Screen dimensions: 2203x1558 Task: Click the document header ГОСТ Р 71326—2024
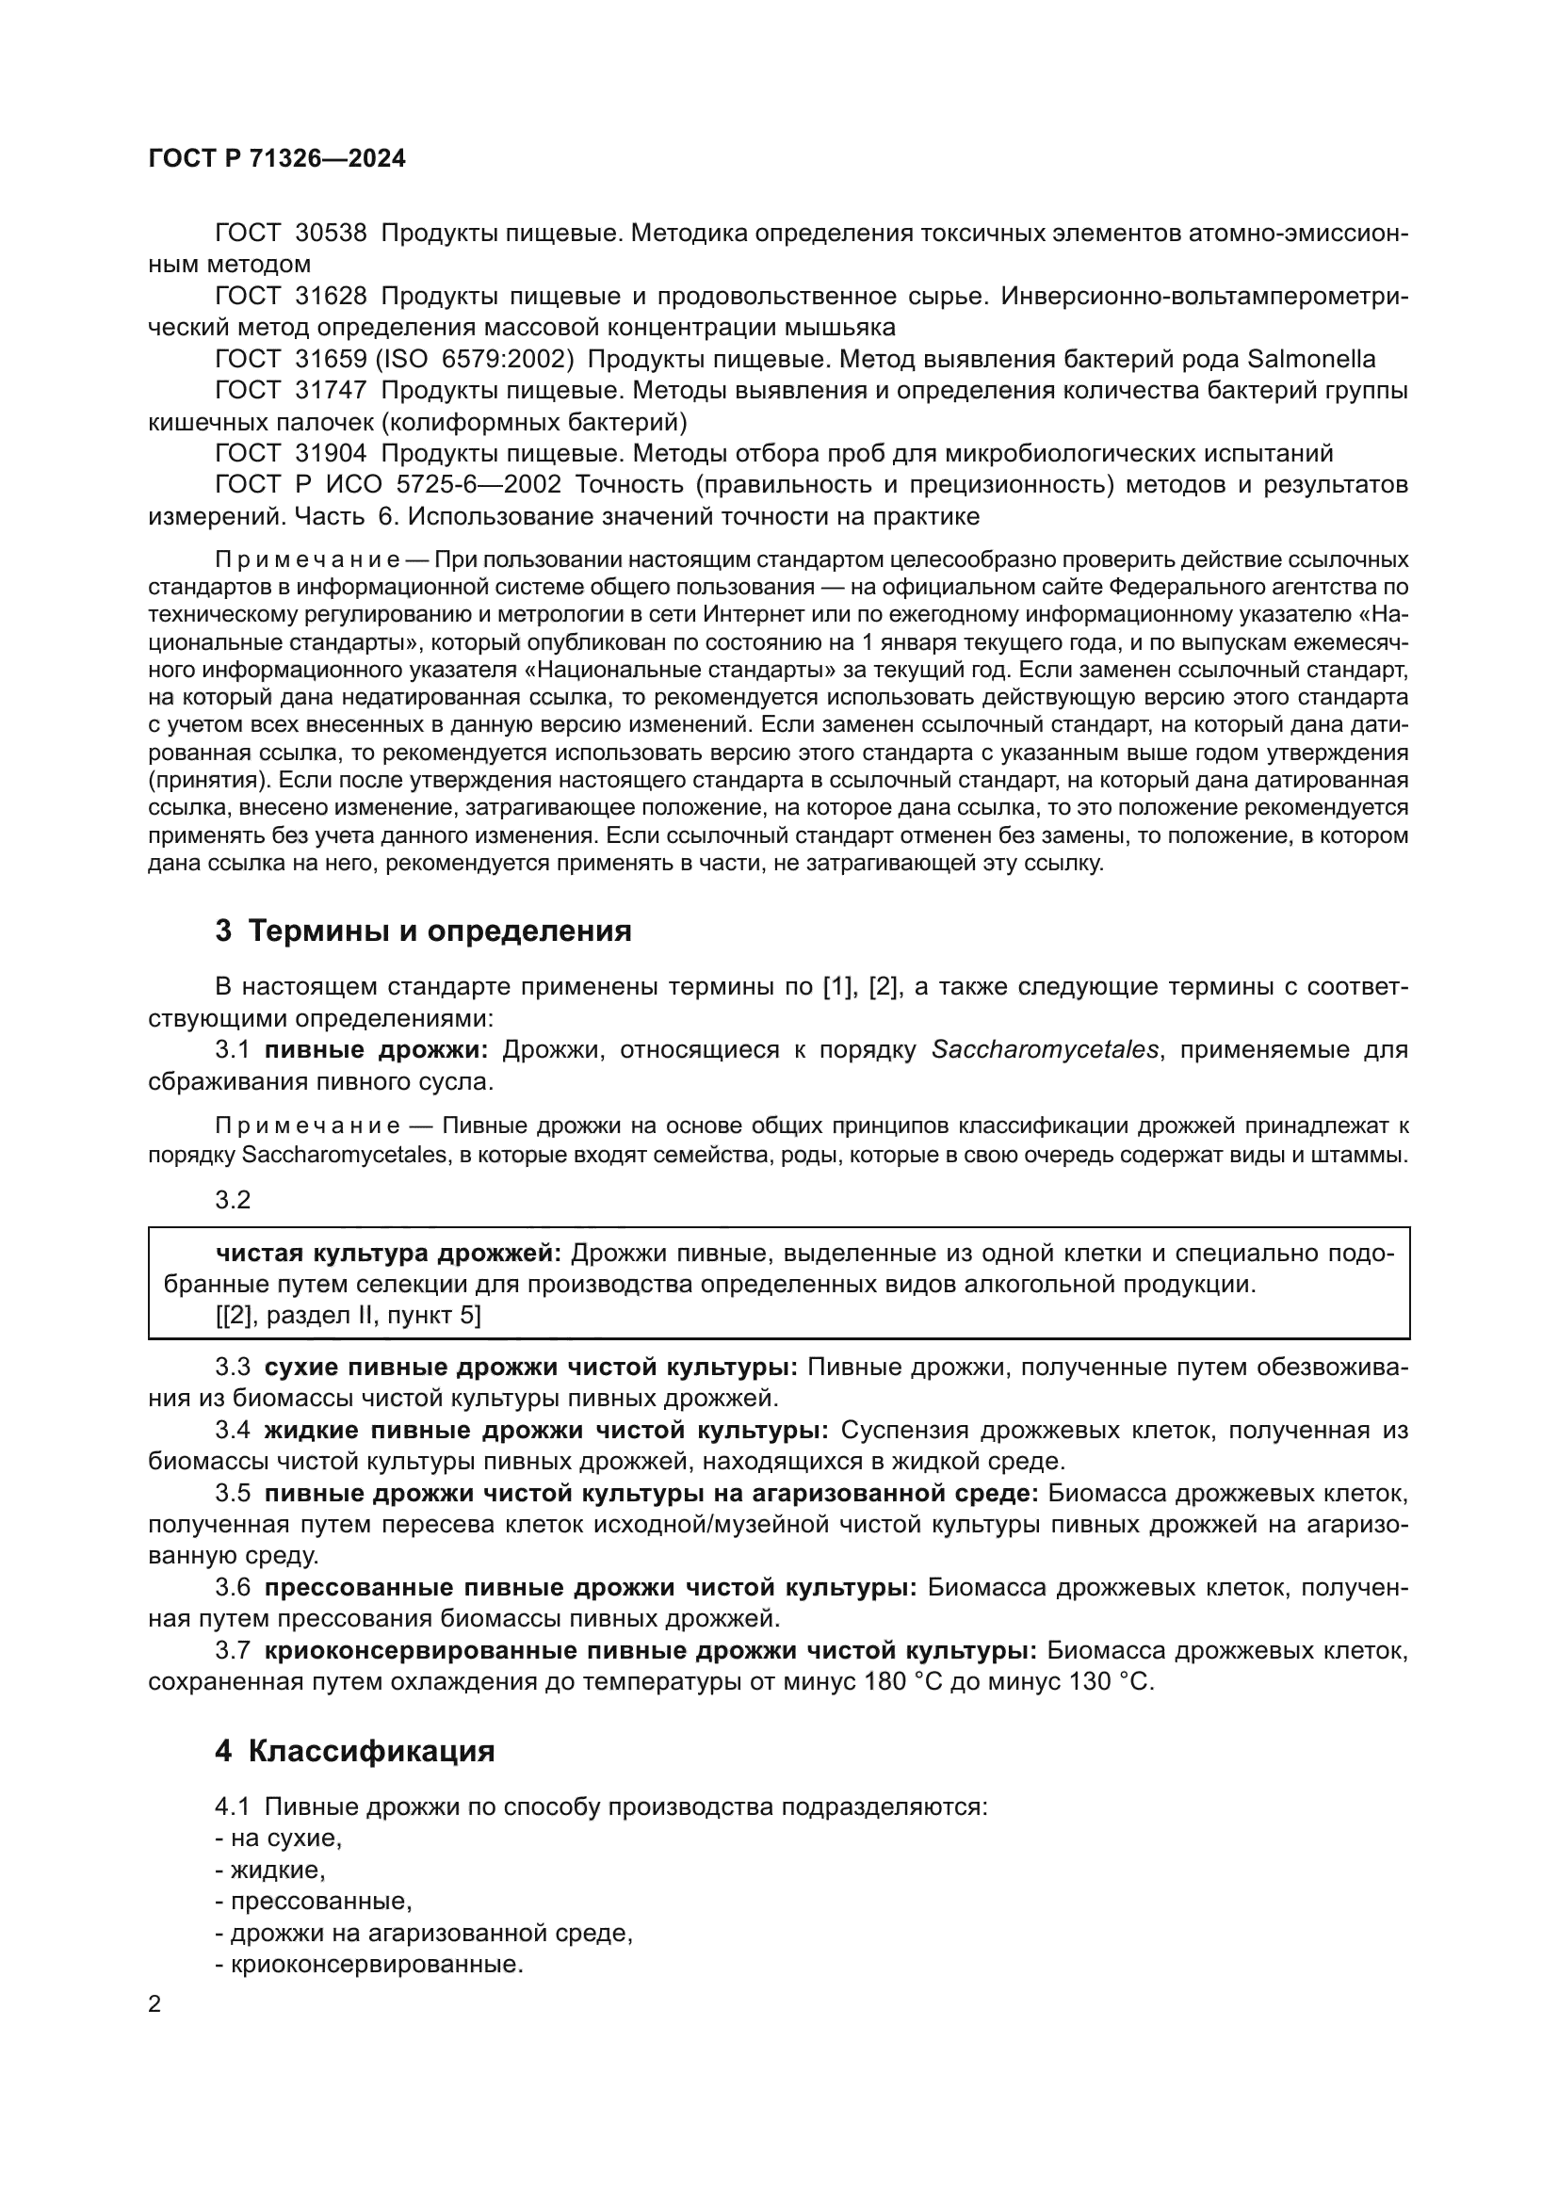[277, 159]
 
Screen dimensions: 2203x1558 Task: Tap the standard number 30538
[331, 234]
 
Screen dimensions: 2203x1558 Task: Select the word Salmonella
[1310, 360]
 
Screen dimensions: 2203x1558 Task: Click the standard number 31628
[331, 297]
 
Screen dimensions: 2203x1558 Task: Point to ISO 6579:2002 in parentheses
[474, 360]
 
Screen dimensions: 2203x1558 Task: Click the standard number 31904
[331, 453]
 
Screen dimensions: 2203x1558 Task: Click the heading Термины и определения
[439, 931]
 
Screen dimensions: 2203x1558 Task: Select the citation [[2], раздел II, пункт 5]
[349, 1316]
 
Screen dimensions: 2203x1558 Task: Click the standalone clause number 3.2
[232, 1199]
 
